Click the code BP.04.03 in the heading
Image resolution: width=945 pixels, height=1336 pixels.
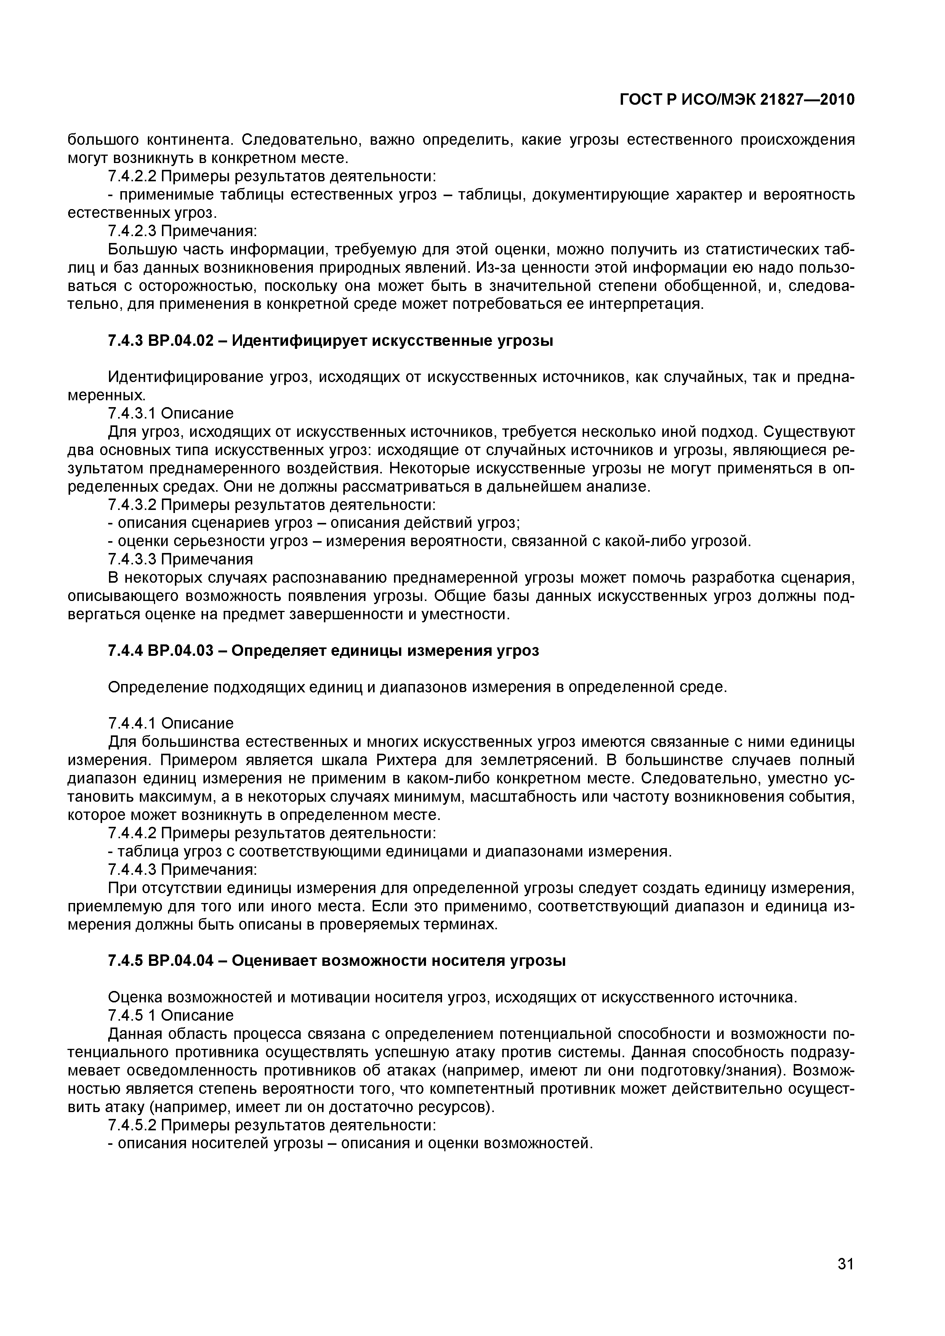click(x=181, y=650)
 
